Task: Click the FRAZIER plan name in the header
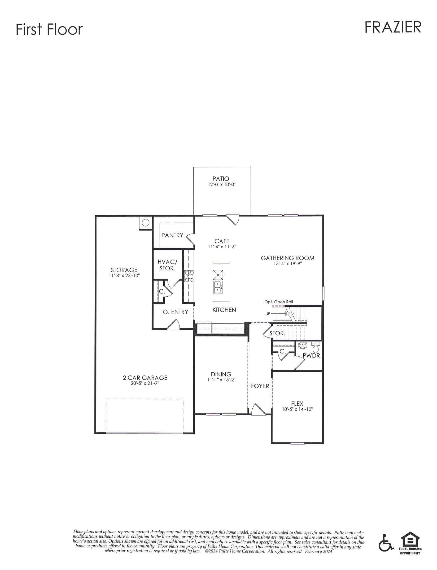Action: (393, 28)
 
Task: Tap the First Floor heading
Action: (49, 29)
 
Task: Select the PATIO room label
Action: (221, 179)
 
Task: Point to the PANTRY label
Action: (172, 235)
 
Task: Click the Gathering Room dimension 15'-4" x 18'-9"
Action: (288, 264)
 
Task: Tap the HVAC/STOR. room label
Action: (167, 265)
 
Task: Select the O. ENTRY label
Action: (175, 312)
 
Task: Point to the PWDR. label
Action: (312, 356)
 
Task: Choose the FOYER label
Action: (260, 386)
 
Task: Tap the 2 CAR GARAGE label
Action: (145, 378)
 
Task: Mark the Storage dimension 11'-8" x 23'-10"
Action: (124, 276)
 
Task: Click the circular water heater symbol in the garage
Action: (146, 222)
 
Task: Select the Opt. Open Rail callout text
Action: (278, 302)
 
